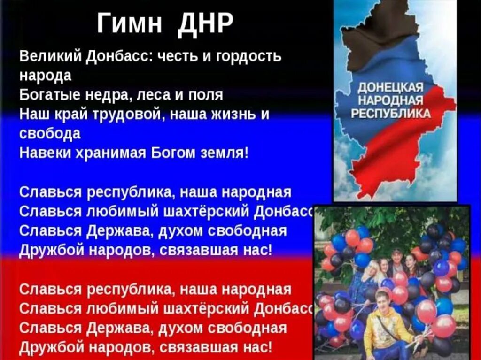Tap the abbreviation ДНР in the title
205,23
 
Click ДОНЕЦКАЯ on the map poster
391,88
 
